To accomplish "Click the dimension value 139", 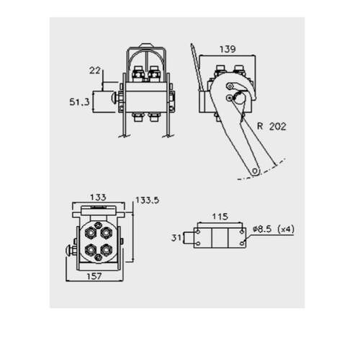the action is pyautogui.click(x=228, y=49).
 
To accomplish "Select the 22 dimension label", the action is pyautogui.click(x=95, y=71).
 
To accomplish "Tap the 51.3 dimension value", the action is pyautogui.click(x=79, y=102).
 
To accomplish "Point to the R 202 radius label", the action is pyautogui.click(x=271, y=126).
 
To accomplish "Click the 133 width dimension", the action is pyautogui.click(x=98, y=197).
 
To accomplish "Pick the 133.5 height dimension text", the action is pyautogui.click(x=148, y=200).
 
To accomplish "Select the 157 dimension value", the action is pyautogui.click(x=94, y=276).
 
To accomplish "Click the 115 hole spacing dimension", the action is pyautogui.click(x=220, y=217).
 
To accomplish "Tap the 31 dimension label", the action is pyautogui.click(x=176, y=238).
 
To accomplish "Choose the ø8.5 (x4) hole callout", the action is pyautogui.click(x=274, y=229).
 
